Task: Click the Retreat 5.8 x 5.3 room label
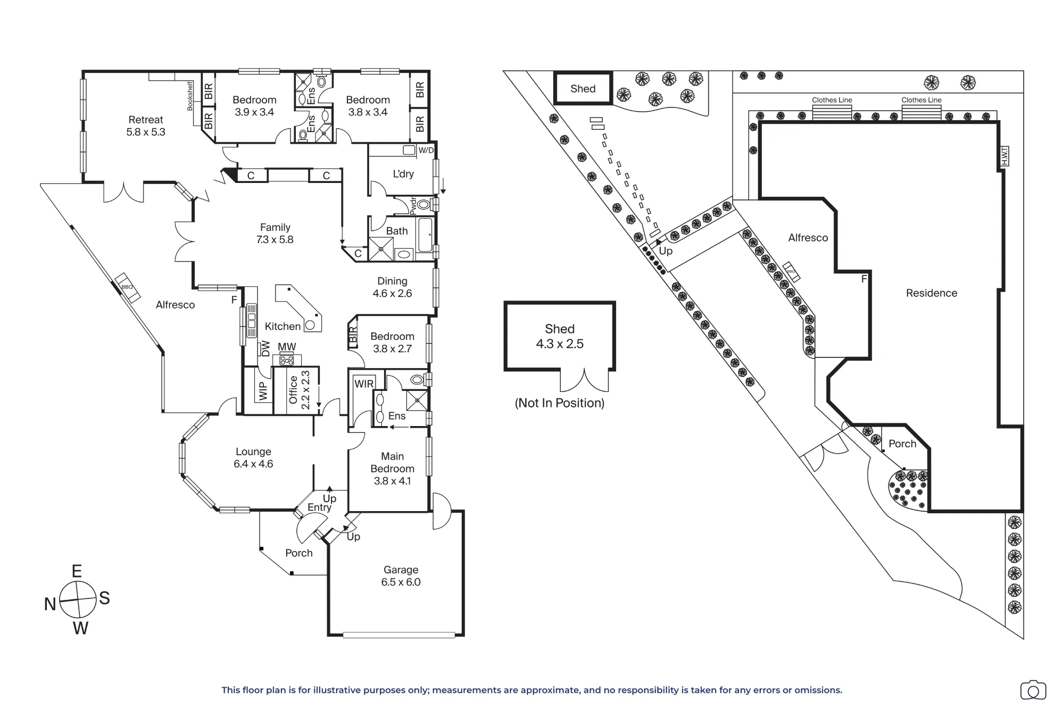pos(146,126)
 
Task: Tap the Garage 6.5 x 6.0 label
pos(401,576)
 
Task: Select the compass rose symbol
pos(78,599)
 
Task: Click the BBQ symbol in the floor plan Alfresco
pos(127,287)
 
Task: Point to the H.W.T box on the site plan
pos(1004,157)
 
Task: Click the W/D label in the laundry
pos(426,151)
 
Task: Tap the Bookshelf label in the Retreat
pos(190,96)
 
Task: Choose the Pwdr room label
pos(413,206)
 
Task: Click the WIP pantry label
pos(263,391)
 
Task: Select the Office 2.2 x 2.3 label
pos(299,390)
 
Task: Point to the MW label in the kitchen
pos(287,347)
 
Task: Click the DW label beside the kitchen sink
pos(265,348)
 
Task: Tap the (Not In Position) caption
pos(560,403)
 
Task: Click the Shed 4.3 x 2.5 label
pos(560,337)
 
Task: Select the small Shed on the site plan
pos(583,88)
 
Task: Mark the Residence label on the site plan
pos(932,293)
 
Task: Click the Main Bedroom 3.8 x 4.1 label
pos(392,469)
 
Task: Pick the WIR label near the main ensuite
pos(364,384)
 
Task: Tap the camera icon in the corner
pos(1033,690)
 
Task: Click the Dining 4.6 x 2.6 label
pos(392,287)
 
